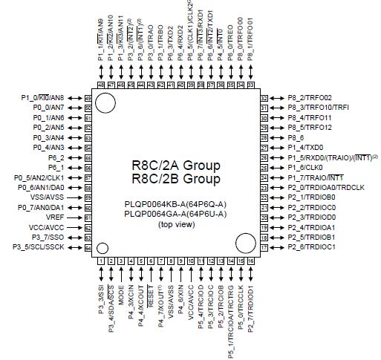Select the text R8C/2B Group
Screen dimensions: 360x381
tap(176, 180)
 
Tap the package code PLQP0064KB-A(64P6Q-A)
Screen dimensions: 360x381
tap(176, 203)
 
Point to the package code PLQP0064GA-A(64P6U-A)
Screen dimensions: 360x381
tap(176, 213)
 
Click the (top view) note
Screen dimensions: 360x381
tap(176, 223)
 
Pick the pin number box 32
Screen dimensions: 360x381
tap(264, 98)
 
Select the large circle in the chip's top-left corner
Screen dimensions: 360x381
tap(104, 102)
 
